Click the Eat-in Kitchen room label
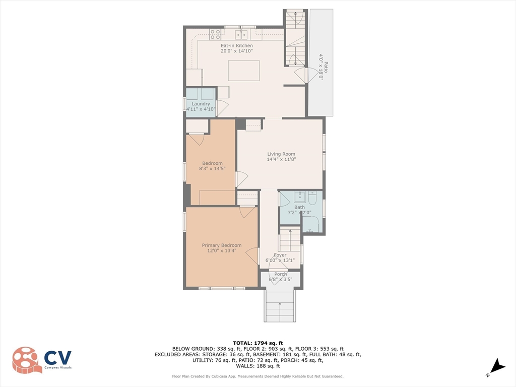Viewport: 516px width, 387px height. point(236,46)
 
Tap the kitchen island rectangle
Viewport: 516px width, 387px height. point(244,70)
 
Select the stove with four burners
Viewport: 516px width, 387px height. point(215,34)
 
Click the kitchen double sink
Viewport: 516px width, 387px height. point(241,34)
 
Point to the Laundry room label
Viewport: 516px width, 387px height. point(201,104)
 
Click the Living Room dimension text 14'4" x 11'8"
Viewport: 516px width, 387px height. point(281,159)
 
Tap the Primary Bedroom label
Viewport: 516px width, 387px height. point(222,245)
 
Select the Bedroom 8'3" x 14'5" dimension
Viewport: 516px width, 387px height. point(212,168)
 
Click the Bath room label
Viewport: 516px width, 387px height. point(299,207)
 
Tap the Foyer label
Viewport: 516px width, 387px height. point(280,255)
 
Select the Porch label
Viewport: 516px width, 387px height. point(280,274)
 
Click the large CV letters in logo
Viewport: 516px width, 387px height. point(58,358)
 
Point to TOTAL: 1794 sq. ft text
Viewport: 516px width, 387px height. point(257,343)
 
